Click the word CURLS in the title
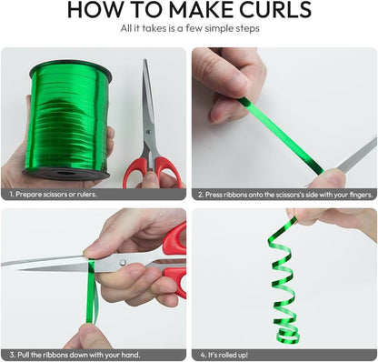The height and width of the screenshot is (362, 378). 275,9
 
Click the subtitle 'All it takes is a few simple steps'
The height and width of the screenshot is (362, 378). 190,28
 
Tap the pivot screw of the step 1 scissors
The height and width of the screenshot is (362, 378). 148,132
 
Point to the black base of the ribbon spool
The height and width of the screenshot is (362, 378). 65,174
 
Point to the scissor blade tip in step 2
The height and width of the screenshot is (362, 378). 376,138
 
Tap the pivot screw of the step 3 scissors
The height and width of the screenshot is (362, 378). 123,263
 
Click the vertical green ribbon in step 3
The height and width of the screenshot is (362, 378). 91,291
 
